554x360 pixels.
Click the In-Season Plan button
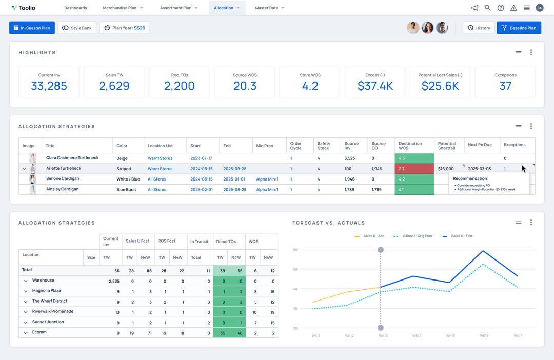[32, 28]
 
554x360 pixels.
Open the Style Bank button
[77, 28]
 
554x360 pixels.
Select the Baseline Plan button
[519, 28]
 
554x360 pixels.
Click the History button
[480, 28]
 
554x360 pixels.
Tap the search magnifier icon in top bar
[487, 8]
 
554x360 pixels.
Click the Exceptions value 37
[505, 86]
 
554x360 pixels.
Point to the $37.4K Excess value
[375, 86]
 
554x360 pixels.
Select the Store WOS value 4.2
[310, 86]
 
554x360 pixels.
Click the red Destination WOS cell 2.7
[414, 169]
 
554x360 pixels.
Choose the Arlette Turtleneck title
[64, 168]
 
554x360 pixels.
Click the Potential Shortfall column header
[447, 145]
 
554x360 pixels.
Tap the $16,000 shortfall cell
[445, 169]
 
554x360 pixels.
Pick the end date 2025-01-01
[234, 179]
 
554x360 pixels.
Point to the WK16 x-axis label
[484, 336]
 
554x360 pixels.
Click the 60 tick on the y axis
[295, 250]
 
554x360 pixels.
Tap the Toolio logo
[24, 8]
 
